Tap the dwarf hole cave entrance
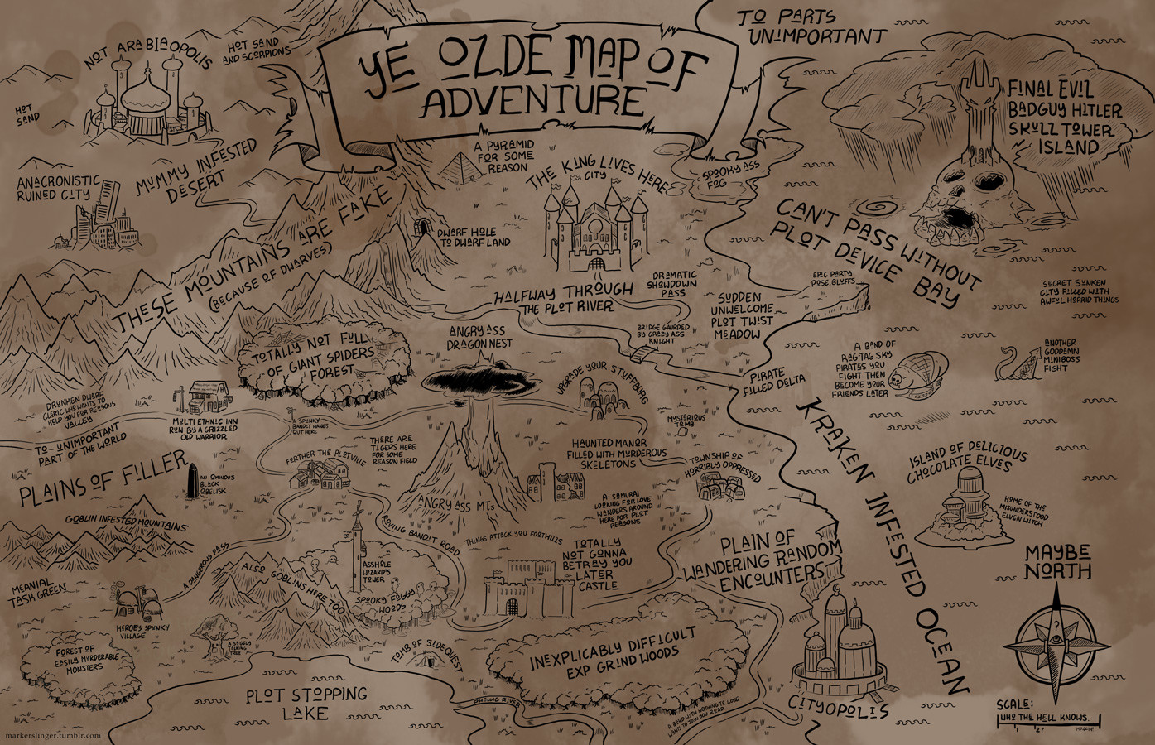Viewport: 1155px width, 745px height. tap(426, 228)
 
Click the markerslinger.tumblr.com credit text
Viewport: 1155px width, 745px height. tap(51, 735)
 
